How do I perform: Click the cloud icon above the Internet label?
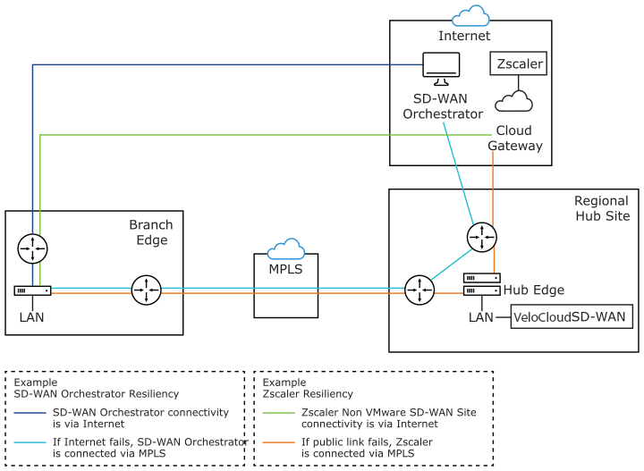(470, 15)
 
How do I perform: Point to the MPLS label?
(286, 268)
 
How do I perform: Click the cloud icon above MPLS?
(286, 248)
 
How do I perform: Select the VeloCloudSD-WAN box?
(572, 316)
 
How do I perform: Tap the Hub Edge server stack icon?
(482, 285)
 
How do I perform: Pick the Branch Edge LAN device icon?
(33, 290)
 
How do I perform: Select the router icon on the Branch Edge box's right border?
(145, 290)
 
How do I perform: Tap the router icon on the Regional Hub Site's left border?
(418, 290)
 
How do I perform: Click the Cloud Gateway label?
(520, 138)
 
